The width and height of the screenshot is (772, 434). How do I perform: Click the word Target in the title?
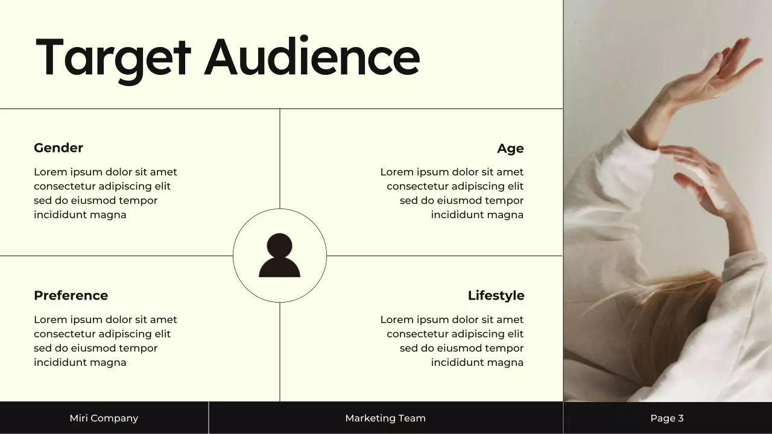click(x=113, y=58)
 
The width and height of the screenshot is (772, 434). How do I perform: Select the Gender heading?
click(x=59, y=148)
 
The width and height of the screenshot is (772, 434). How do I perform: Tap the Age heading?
click(x=510, y=149)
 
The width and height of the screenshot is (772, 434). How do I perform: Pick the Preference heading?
click(x=71, y=296)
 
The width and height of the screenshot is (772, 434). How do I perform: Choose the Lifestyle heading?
click(x=496, y=296)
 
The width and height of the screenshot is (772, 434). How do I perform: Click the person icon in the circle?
click(x=279, y=256)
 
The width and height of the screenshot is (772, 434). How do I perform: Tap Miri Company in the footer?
click(x=104, y=418)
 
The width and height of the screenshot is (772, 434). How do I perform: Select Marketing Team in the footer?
click(x=385, y=418)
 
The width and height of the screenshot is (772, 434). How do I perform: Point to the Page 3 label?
click(x=667, y=418)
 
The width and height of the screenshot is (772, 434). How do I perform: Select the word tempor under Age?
click(x=504, y=201)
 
